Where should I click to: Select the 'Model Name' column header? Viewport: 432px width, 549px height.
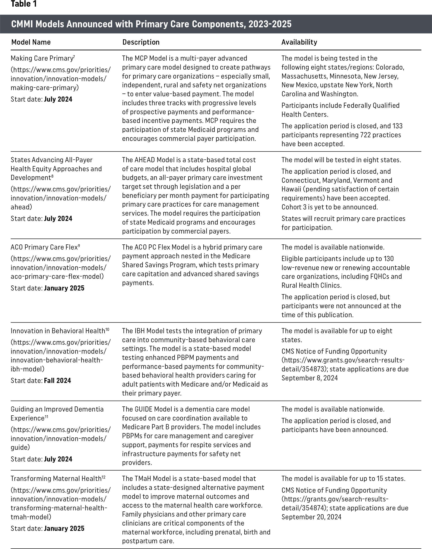click(31, 42)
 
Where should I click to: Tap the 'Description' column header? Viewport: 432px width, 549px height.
click(141, 42)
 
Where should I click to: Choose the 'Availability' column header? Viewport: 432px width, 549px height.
click(299, 42)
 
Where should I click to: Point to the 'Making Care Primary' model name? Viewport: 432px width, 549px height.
click(42, 58)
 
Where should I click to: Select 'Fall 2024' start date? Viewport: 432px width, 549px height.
click(57, 381)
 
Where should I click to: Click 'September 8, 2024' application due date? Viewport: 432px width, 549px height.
click(309, 378)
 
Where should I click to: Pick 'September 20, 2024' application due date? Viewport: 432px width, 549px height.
click(311, 517)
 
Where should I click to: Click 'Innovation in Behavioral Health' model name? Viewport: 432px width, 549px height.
click(58, 331)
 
